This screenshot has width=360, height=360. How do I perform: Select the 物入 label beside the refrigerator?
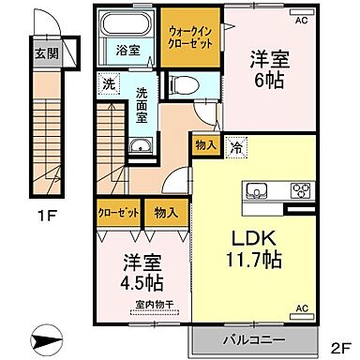[205, 146]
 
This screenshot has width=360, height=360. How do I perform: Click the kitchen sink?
[258, 191]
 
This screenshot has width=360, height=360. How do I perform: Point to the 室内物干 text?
[152, 302]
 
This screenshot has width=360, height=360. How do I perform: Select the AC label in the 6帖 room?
[302, 18]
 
